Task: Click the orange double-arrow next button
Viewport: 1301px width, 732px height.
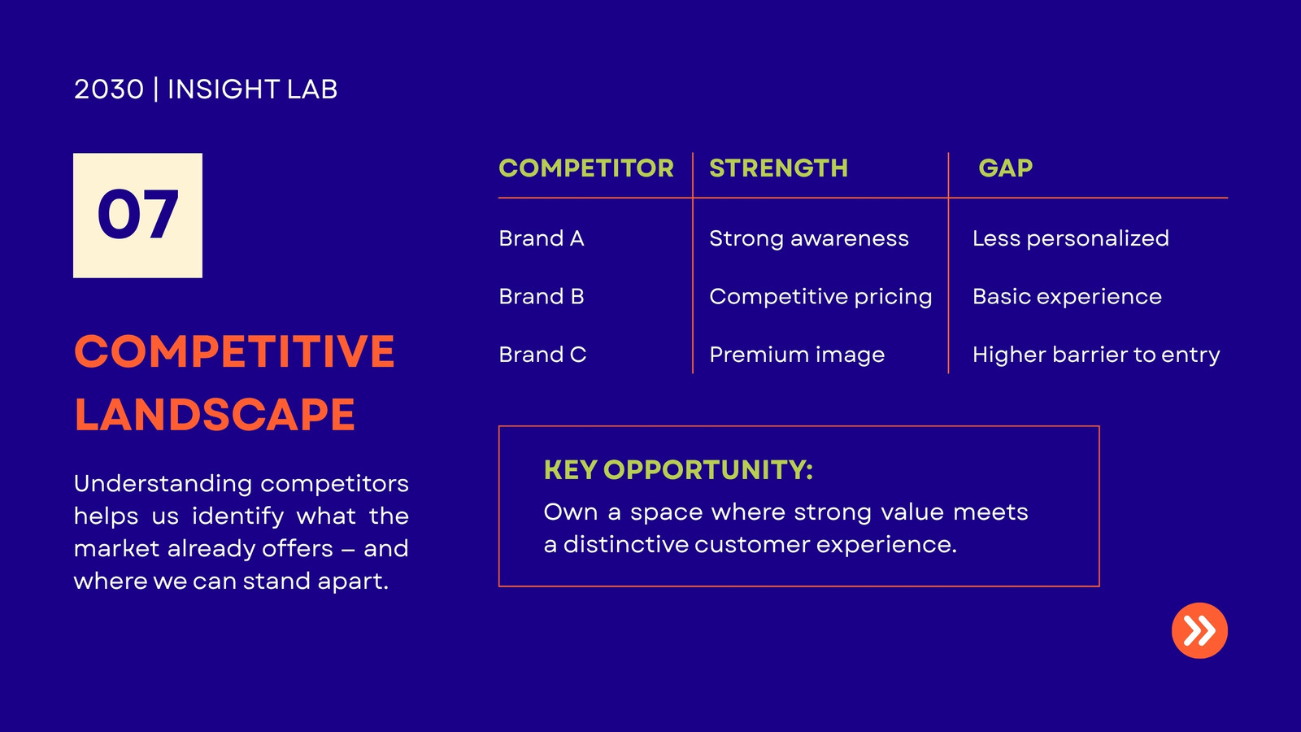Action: coord(1199,630)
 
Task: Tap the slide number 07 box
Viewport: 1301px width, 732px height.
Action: coord(137,216)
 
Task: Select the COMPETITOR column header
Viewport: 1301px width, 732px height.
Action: coord(586,168)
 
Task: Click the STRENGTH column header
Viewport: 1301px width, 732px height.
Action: coord(778,168)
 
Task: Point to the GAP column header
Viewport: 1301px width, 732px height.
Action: coord(1005,168)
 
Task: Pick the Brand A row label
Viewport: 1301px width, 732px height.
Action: coord(542,238)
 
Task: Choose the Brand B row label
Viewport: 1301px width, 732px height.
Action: coord(542,296)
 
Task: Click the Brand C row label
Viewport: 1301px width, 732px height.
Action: coord(542,355)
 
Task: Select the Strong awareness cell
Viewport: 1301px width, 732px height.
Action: coord(809,239)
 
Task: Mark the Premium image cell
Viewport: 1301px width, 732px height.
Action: coord(797,355)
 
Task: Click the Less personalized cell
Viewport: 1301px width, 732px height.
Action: coord(1071,239)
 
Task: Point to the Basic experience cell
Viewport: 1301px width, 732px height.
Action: coord(1068,297)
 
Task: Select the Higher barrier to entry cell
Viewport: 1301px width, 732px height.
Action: coord(1097,355)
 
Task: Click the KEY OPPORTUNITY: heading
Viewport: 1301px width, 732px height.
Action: coord(678,470)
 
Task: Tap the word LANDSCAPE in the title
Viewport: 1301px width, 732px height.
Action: coord(215,415)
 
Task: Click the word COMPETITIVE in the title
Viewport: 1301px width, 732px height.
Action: coord(235,351)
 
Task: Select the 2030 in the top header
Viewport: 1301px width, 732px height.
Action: coord(109,89)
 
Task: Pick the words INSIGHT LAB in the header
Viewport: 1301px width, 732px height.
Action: coord(252,89)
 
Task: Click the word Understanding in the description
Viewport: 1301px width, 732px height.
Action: coord(163,484)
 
